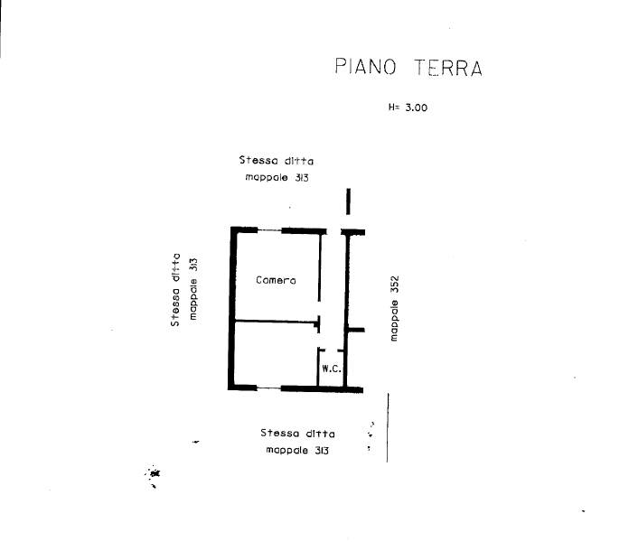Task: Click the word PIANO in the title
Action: pos(365,67)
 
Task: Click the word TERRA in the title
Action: pos(448,68)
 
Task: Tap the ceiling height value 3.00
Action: pos(417,107)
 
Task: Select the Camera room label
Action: pos(276,280)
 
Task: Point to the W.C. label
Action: pos(332,369)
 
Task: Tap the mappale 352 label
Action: pos(394,308)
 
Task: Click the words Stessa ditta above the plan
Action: pos(277,161)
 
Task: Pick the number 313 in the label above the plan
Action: pos(302,178)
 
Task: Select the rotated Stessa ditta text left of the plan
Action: pos(175,289)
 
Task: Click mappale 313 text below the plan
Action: pos(297,450)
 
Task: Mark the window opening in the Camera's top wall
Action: pos(269,230)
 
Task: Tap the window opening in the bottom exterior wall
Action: pos(268,388)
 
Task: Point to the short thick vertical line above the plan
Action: pos(348,201)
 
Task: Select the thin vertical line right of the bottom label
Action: pos(388,427)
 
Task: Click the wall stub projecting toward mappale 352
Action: pos(356,330)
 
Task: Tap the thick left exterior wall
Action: pos(231,308)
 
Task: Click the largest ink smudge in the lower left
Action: pos(154,473)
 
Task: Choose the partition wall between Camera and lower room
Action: pos(276,321)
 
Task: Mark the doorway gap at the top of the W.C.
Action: pos(331,350)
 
